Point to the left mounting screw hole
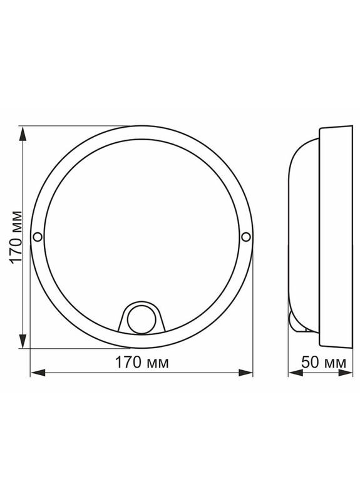tap(37, 237)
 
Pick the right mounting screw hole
tap(245, 237)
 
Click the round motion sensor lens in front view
tap(141, 319)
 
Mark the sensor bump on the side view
tap(294, 321)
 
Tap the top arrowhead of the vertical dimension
tap(23, 133)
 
